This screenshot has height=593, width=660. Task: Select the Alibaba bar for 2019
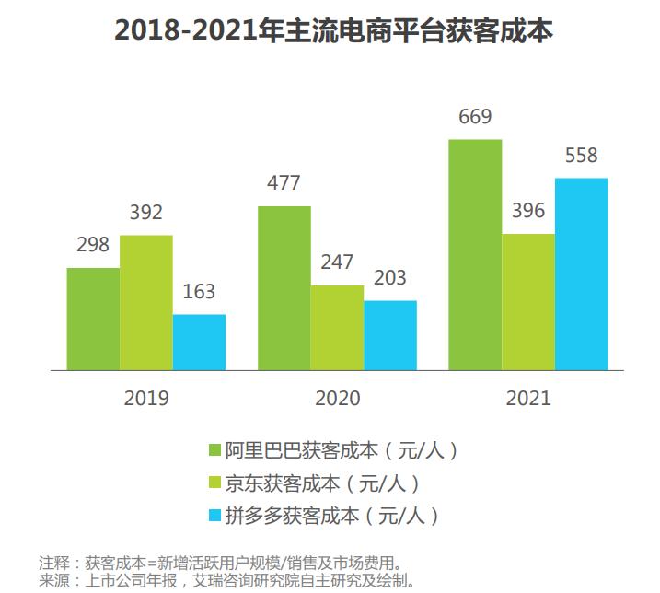[x=93, y=319]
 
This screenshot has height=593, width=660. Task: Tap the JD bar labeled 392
[x=145, y=302]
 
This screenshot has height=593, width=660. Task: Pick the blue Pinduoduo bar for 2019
[x=199, y=342]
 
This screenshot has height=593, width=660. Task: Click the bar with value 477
[x=284, y=287]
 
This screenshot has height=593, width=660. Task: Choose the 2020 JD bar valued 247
[x=337, y=328]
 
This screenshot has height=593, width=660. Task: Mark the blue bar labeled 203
[x=390, y=335]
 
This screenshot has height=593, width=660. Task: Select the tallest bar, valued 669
[x=475, y=254]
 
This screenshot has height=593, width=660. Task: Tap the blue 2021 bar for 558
[x=582, y=273]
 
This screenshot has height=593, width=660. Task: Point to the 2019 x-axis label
[x=146, y=399]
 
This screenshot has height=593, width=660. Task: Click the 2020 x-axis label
[x=337, y=399]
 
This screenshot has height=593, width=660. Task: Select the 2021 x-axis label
[x=528, y=399]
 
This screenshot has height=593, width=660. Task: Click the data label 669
[x=475, y=117]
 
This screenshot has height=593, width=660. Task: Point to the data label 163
[x=199, y=292]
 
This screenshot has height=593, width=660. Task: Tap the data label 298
[x=92, y=245]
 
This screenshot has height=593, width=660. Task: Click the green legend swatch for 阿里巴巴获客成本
[x=214, y=450]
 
